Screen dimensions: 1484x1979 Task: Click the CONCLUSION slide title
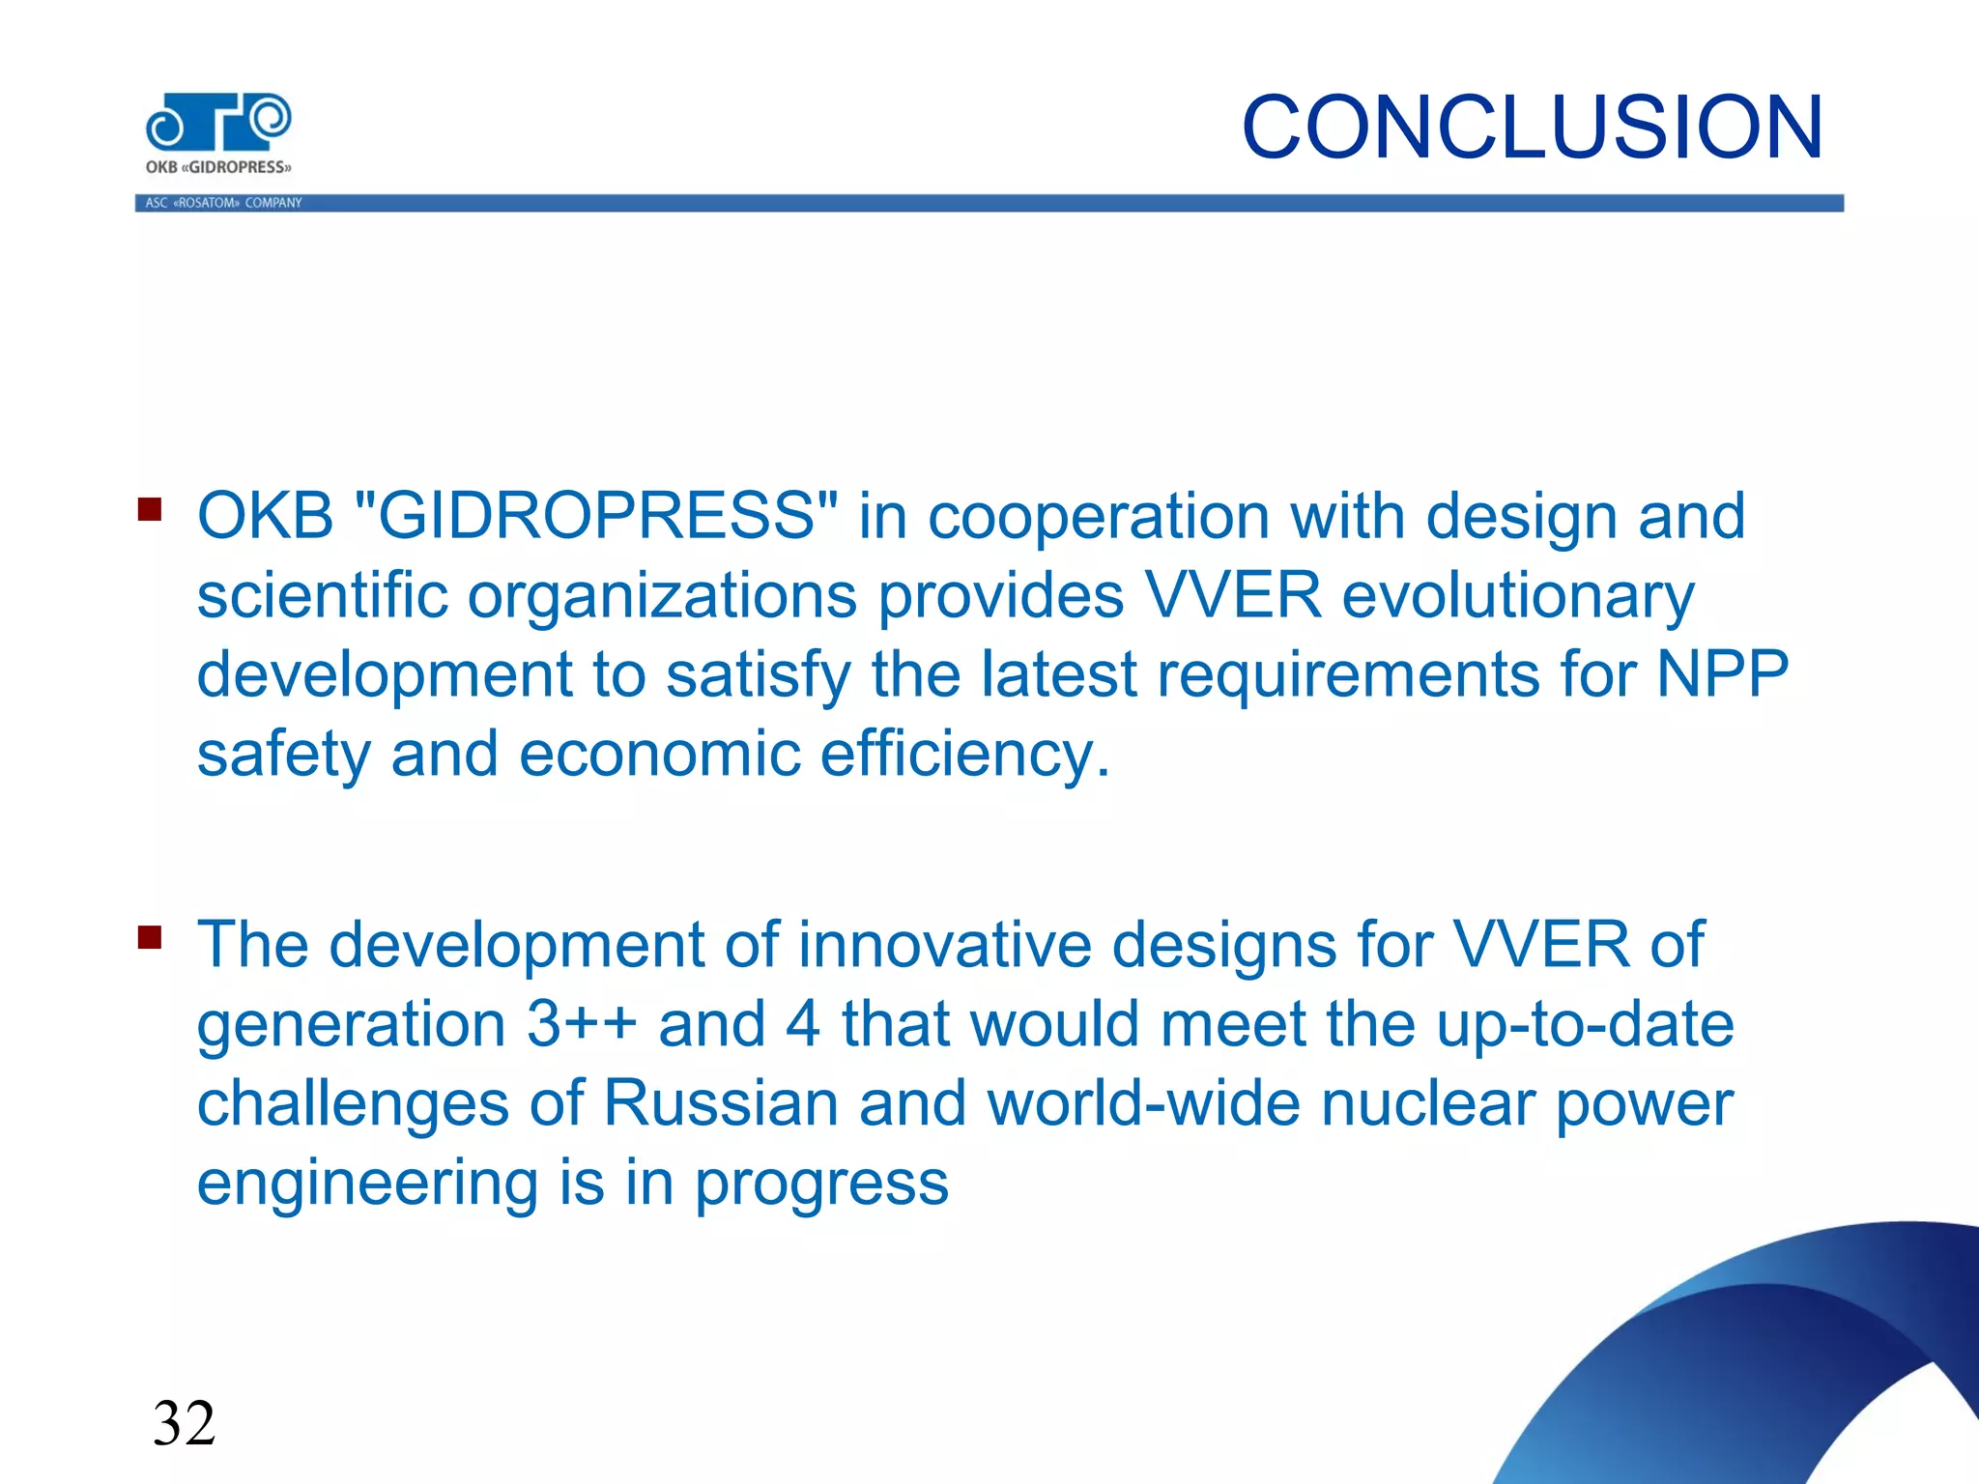(x=1532, y=128)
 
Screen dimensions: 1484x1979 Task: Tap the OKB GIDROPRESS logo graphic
(x=218, y=123)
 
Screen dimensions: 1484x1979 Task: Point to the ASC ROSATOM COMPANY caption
(x=223, y=203)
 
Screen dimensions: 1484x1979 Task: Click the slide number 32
(x=184, y=1423)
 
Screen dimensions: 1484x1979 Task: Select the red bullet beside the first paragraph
(x=150, y=509)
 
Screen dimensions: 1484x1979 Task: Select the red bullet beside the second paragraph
(x=150, y=937)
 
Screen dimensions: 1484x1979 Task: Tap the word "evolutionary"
(x=1518, y=595)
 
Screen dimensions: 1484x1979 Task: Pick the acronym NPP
(x=1722, y=673)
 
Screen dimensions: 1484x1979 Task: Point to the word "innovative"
(x=944, y=944)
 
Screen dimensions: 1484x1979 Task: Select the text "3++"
(x=582, y=1024)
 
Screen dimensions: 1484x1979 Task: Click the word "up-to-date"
(x=1585, y=1024)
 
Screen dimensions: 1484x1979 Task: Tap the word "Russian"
(x=721, y=1103)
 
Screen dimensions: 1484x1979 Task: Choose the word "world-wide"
(x=1143, y=1103)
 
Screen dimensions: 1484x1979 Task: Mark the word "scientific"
(x=323, y=595)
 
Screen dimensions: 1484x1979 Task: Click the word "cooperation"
(x=1099, y=517)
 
